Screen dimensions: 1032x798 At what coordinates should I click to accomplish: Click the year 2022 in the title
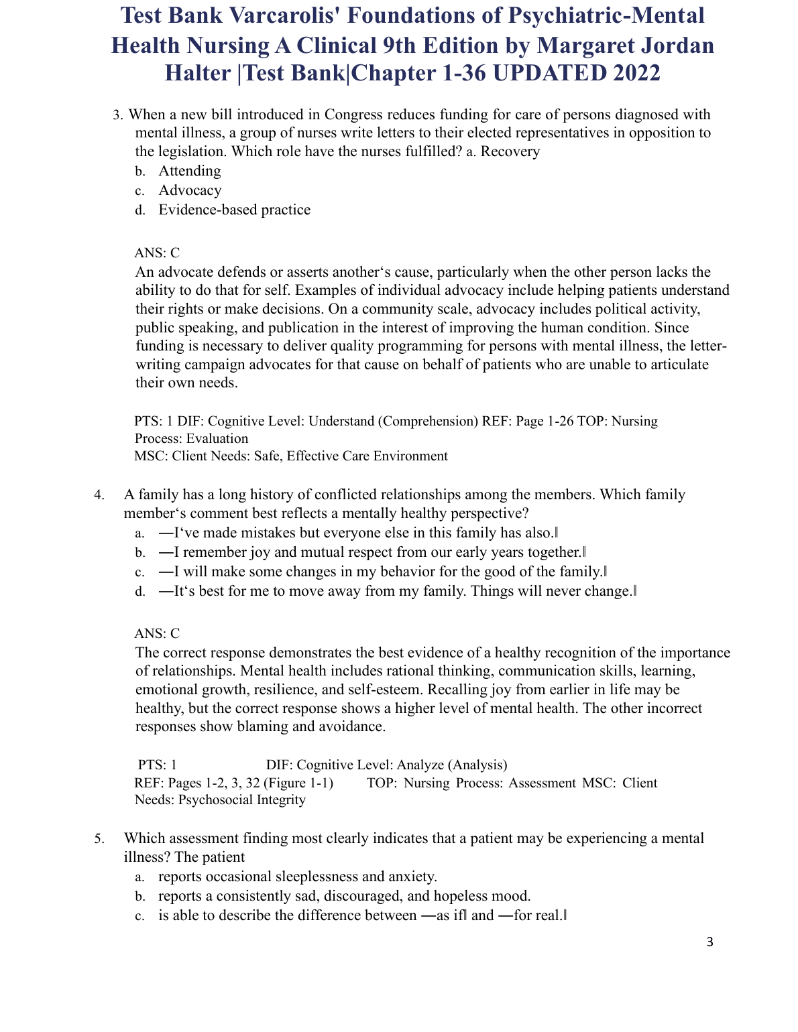627,73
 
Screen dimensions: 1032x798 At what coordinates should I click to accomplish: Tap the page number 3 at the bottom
710,943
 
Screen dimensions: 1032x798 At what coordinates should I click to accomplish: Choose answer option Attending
190,171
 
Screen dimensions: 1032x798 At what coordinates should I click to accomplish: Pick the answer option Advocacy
190,190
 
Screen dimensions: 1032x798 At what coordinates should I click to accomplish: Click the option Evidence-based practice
234,210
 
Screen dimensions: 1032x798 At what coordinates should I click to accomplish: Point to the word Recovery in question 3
510,151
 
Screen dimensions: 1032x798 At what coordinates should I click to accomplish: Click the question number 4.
99,495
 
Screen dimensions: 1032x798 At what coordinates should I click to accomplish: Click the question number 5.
99,838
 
